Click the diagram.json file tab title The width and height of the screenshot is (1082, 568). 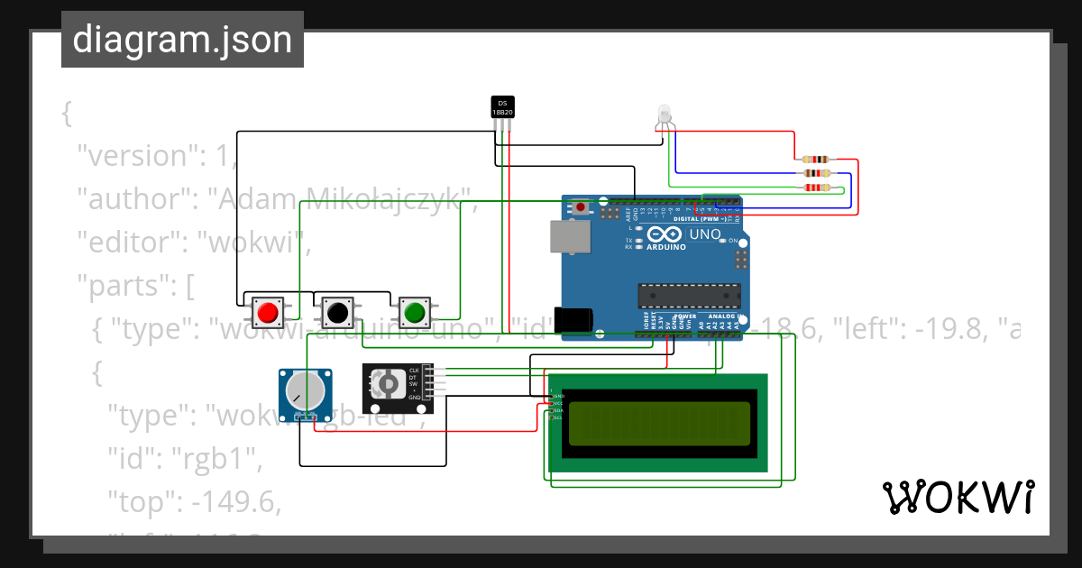coord(182,40)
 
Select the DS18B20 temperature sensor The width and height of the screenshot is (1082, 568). coord(502,107)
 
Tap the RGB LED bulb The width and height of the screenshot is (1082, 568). coord(664,113)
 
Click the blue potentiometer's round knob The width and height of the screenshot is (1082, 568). coord(304,389)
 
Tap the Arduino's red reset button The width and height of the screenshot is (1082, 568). coord(581,207)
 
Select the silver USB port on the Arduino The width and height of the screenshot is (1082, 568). coord(570,236)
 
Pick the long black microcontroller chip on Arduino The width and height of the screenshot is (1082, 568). coord(690,295)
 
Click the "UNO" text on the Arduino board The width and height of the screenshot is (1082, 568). coord(705,234)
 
